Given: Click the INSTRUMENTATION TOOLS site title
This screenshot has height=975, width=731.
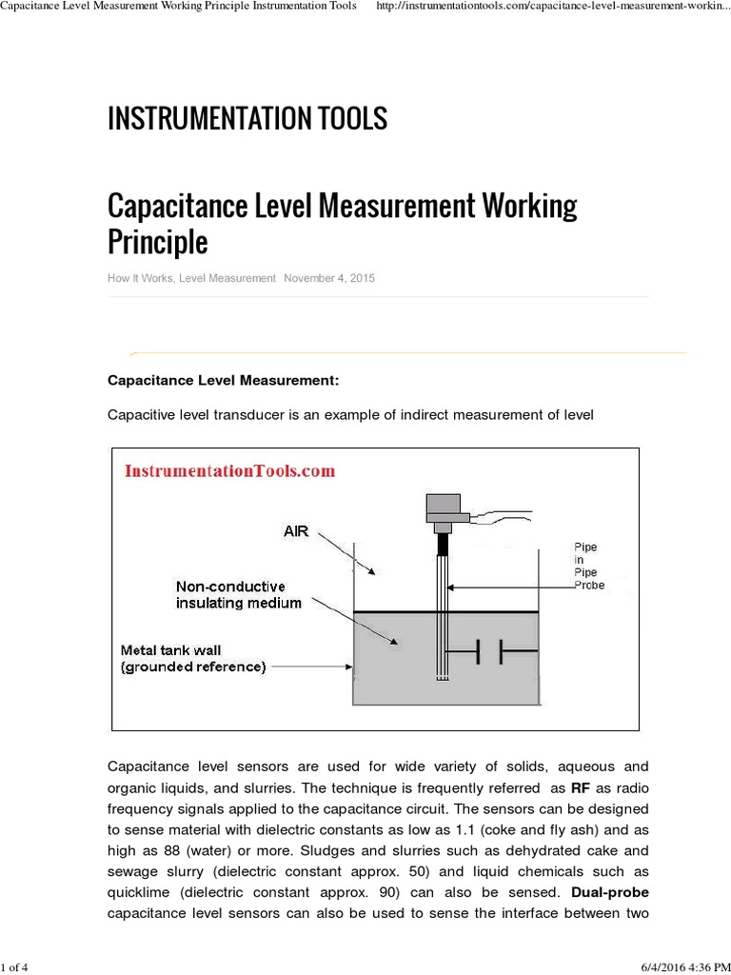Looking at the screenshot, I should tap(247, 119).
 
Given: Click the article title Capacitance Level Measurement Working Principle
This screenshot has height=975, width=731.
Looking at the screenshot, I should tap(342, 223).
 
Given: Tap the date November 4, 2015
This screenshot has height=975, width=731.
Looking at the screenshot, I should tap(329, 278).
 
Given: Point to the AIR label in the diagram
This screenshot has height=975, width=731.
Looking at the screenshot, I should tap(296, 531).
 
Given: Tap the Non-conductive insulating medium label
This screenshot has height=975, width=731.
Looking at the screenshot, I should tap(238, 594).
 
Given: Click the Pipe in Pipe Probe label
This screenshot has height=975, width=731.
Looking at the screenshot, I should tap(588, 566).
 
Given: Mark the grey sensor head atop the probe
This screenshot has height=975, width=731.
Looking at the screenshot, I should tap(443, 511).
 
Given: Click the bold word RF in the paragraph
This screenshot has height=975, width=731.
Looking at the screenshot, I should tap(581, 788).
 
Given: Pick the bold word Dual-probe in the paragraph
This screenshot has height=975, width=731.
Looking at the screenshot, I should tap(610, 893).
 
